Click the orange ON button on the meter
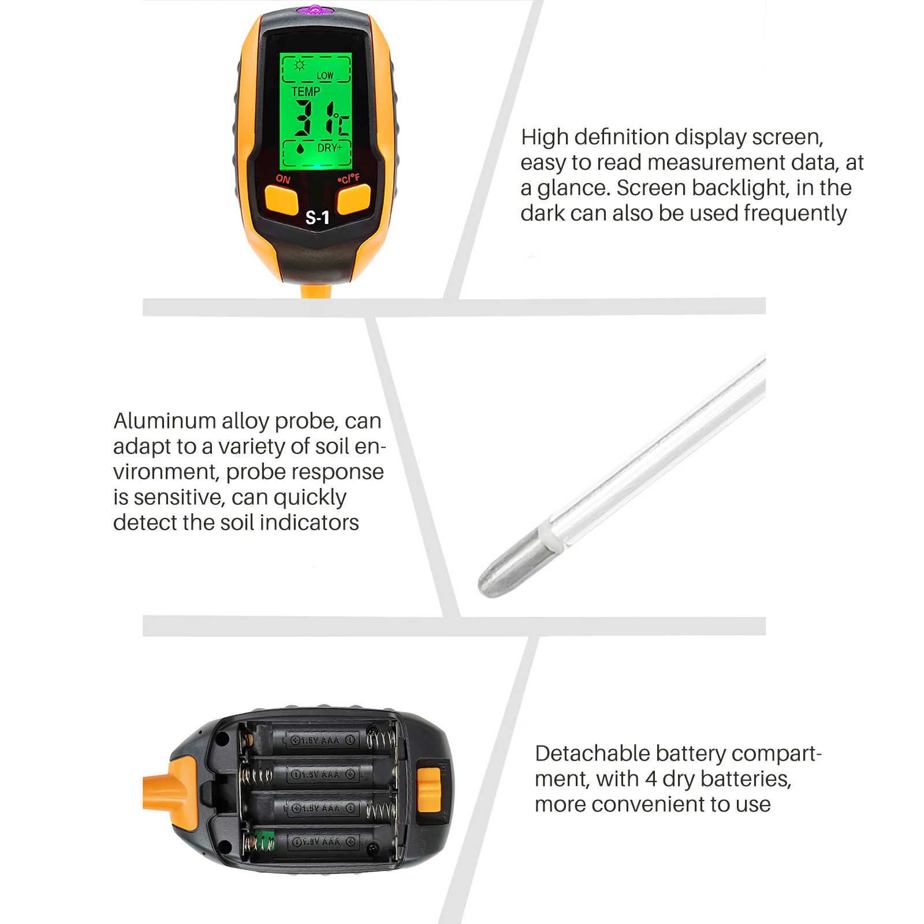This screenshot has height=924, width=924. tap(281, 200)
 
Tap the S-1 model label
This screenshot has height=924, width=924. tap(317, 218)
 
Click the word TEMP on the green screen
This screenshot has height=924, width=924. tap(305, 92)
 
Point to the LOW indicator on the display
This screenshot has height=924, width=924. tap(325, 76)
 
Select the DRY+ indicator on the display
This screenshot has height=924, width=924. tap(330, 148)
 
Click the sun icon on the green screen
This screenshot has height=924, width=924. tap(299, 65)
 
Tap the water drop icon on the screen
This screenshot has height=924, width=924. tap(300, 148)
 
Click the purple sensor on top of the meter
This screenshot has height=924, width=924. tap(315, 10)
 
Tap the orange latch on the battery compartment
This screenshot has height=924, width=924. tap(429, 789)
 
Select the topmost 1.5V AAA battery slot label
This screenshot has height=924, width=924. tap(322, 740)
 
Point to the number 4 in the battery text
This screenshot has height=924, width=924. tap(651, 779)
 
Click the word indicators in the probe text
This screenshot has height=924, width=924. tap(309, 523)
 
